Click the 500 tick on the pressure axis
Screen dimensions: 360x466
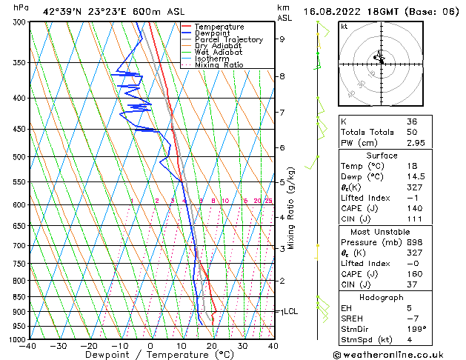19,157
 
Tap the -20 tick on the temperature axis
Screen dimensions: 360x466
88,345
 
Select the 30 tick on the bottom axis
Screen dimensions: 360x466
242,345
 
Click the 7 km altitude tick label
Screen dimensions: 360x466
282,113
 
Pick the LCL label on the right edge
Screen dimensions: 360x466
290,312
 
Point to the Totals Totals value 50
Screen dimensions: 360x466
411,132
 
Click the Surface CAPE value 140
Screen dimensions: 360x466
413,209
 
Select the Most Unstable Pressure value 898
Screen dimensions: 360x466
413,242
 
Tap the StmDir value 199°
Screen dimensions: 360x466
416,329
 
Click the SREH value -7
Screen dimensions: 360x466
410,318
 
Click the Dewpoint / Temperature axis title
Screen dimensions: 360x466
150,355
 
